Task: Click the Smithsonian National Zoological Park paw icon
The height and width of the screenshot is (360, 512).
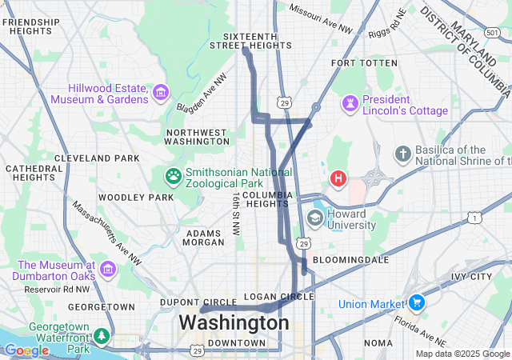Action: click(x=174, y=174)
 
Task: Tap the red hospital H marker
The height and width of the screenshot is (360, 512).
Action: click(x=338, y=178)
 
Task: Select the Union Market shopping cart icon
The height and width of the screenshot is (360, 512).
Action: click(x=416, y=303)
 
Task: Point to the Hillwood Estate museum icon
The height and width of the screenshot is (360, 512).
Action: click(x=161, y=93)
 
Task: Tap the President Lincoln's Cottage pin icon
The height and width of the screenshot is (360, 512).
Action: click(x=350, y=103)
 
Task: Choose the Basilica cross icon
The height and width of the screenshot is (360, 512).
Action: click(x=402, y=153)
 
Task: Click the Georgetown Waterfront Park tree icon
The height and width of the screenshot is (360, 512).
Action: click(x=102, y=335)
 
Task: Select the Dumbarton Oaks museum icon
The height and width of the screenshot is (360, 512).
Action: click(x=107, y=274)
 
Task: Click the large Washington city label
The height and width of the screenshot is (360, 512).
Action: click(x=234, y=323)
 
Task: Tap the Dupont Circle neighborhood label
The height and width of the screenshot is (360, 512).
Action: click(x=200, y=302)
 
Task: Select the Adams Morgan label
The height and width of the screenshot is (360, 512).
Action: click(x=204, y=237)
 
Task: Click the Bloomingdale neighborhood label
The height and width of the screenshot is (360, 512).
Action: click(x=350, y=260)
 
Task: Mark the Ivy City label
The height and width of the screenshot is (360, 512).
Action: click(x=471, y=277)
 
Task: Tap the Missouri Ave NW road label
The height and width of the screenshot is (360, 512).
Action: click(x=320, y=19)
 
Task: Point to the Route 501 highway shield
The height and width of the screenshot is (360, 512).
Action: click(x=490, y=32)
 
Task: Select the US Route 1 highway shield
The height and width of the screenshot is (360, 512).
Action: click(x=474, y=218)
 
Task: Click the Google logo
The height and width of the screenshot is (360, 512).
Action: click(x=26, y=350)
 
